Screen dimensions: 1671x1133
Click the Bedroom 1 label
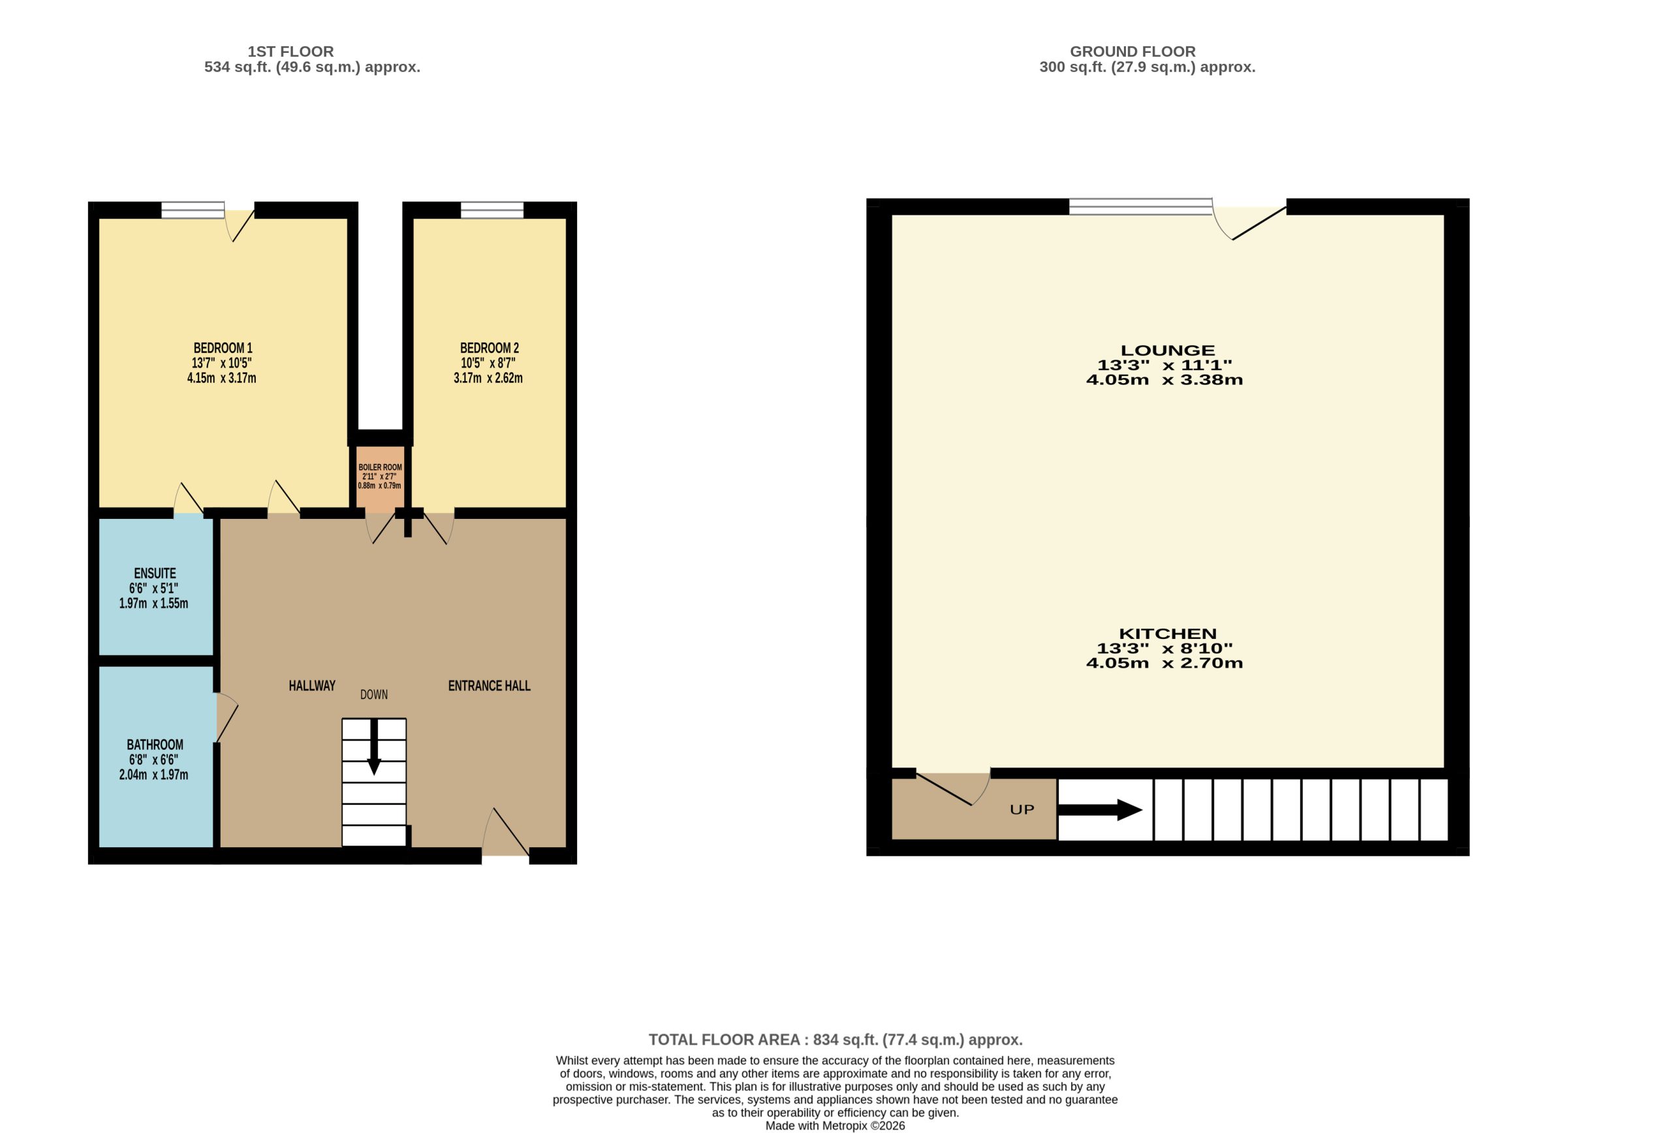pos(223,348)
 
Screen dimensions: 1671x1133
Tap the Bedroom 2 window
pos(492,210)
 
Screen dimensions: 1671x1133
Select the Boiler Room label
pos(381,467)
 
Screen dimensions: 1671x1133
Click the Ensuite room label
pos(155,573)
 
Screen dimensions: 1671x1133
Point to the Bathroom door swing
pos(227,717)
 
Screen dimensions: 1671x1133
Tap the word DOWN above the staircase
pos(374,694)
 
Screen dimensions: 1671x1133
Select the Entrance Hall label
pos(489,686)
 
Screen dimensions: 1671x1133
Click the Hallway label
pos(312,686)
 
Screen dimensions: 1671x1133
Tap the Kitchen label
pos(1168,633)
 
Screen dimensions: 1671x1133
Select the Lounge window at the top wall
pos(1141,206)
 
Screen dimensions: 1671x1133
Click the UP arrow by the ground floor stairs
pos(1100,809)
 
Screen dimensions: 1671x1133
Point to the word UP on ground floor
pos(1022,809)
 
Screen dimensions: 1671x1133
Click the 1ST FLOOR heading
pos(290,52)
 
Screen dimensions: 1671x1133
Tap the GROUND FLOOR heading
pos(1132,52)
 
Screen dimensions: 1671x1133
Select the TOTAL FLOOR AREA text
pos(835,1040)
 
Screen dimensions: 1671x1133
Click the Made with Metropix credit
pos(835,1126)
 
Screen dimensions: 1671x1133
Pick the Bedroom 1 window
pos(193,210)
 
